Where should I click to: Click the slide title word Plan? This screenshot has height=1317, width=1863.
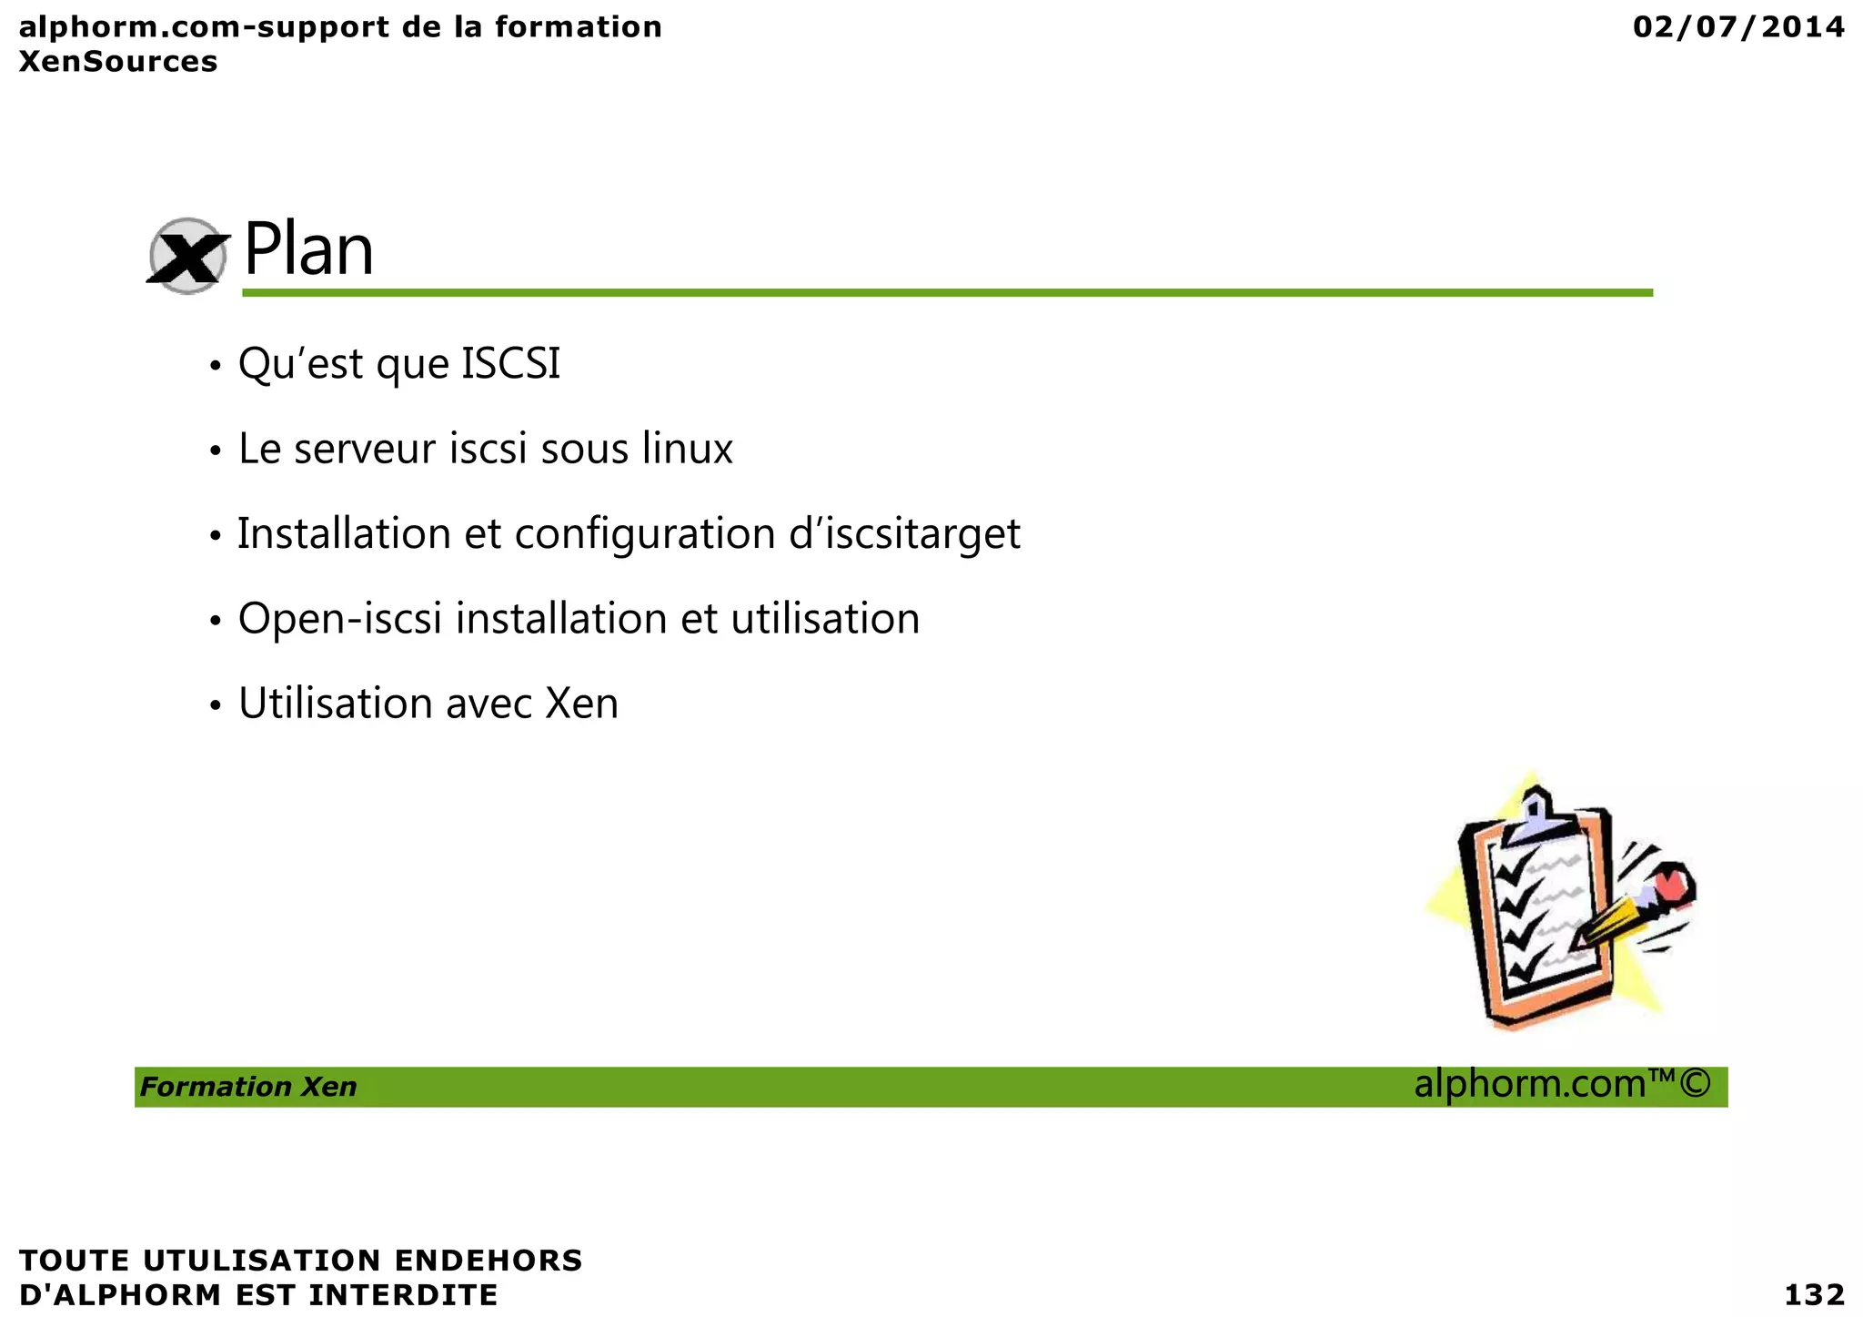[x=308, y=250]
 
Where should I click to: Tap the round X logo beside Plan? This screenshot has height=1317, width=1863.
[x=187, y=257]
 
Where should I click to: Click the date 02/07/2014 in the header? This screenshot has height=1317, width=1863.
[x=1738, y=27]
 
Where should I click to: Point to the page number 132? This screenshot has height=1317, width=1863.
[x=1814, y=1294]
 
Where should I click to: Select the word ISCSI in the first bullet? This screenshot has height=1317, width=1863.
[x=511, y=364]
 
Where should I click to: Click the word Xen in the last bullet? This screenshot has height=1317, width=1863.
[x=582, y=704]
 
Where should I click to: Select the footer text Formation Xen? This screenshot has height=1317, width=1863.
[x=248, y=1087]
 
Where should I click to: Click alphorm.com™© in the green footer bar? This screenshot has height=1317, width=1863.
[x=1562, y=1084]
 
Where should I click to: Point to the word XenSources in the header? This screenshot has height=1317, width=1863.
[x=118, y=62]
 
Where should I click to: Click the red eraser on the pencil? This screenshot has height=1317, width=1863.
[x=1670, y=881]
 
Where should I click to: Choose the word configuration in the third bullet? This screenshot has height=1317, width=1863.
[x=644, y=534]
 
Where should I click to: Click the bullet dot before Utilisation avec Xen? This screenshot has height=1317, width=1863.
[x=216, y=705]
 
